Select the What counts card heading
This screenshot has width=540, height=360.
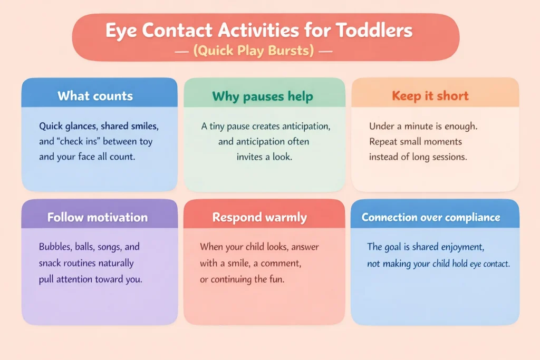click(x=95, y=96)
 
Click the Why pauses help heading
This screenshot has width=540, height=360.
click(x=263, y=96)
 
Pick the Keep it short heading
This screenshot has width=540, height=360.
click(x=430, y=96)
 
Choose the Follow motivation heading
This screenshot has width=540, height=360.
click(x=98, y=217)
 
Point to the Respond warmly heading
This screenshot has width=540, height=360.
click(x=259, y=217)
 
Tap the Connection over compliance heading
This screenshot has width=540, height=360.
click(x=431, y=217)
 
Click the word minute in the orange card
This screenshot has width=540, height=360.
click(x=422, y=127)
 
